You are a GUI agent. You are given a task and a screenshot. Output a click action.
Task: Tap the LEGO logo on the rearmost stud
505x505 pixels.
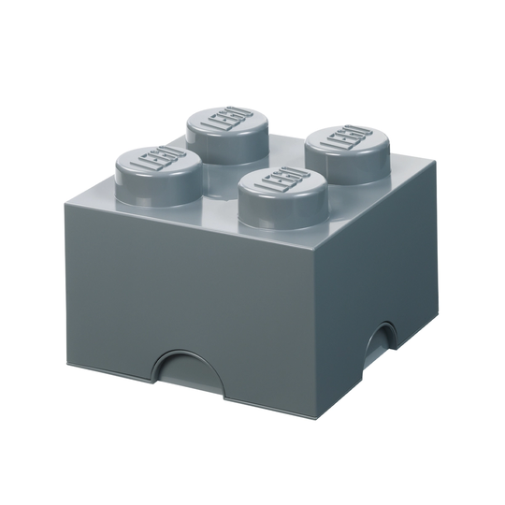coord(226,119)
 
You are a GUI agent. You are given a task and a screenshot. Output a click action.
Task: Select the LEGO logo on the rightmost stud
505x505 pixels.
coord(348,137)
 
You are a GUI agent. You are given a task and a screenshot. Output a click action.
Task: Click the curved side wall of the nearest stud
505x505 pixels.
coord(282,211)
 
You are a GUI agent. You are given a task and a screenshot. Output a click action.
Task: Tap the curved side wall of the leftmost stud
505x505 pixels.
coord(159,191)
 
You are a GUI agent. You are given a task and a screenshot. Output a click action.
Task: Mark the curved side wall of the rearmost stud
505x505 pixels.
coord(226,145)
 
